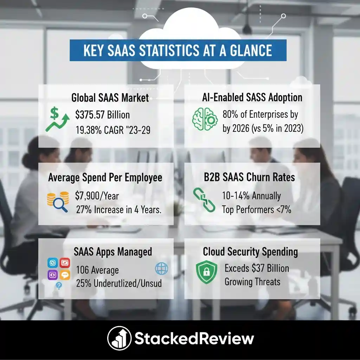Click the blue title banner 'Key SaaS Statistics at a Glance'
178,50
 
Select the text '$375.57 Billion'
103,115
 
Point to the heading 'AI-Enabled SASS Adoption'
252,97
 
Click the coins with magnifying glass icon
58,202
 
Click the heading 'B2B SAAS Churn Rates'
249,177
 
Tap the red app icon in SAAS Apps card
65,263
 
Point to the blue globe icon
161,269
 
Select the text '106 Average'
97,270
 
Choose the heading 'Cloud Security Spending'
250,252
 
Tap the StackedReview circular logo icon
119,339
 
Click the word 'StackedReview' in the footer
194,339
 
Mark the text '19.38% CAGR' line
113,130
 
